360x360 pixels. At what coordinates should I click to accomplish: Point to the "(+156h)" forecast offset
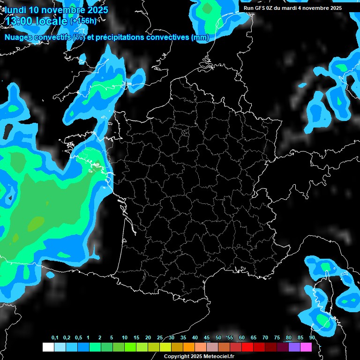pos(83,21)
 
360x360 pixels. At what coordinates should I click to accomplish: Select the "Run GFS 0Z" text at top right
pos(259,8)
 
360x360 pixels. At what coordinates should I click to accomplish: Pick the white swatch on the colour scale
pos(48,347)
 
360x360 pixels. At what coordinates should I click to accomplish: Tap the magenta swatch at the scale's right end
pos(306,347)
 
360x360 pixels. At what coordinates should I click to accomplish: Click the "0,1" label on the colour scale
pos(55,338)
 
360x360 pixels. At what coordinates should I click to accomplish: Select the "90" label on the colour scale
pos(312,338)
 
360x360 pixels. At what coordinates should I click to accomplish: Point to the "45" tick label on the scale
pos(207,338)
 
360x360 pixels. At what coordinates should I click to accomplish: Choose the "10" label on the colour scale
pos(125,338)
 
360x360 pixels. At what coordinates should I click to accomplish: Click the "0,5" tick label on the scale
pos(78,338)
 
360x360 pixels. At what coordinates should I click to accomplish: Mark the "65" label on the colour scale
pos(254,338)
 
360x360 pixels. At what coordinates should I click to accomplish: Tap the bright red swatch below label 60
pos(247,347)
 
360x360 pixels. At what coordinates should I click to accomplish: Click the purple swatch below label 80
pos(294,347)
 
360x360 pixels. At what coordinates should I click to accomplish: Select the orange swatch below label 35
pos(189,347)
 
